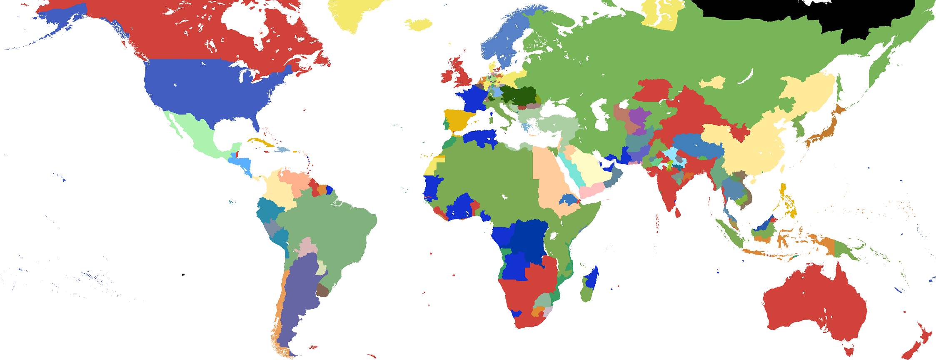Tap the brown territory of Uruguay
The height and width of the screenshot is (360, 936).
point(322,290)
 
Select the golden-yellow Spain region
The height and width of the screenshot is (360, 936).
point(458,118)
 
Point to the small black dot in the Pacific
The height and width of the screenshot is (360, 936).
point(183,275)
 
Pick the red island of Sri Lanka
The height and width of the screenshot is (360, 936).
point(678,213)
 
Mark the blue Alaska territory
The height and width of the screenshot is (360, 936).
point(67,21)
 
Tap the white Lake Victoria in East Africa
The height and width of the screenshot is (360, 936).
point(554,237)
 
